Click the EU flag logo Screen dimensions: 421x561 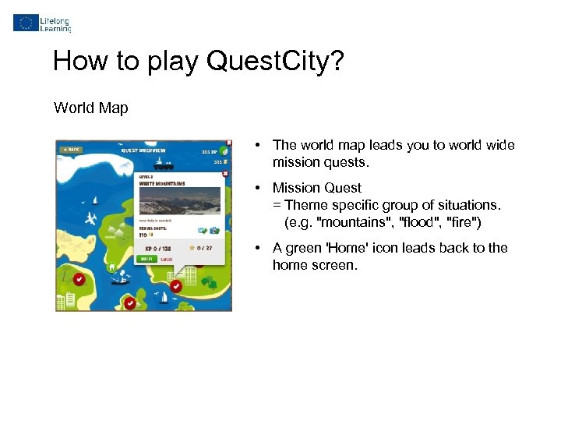pos(26,23)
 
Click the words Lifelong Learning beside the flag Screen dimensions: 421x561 pos(56,23)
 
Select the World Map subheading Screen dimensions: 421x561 pos(90,108)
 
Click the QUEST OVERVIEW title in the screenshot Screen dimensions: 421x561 pos(143,150)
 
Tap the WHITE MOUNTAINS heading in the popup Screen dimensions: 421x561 pos(162,183)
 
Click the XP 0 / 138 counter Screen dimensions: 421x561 pos(157,249)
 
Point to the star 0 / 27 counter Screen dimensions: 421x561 pos(200,249)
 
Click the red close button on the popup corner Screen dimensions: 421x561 pos(225,173)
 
